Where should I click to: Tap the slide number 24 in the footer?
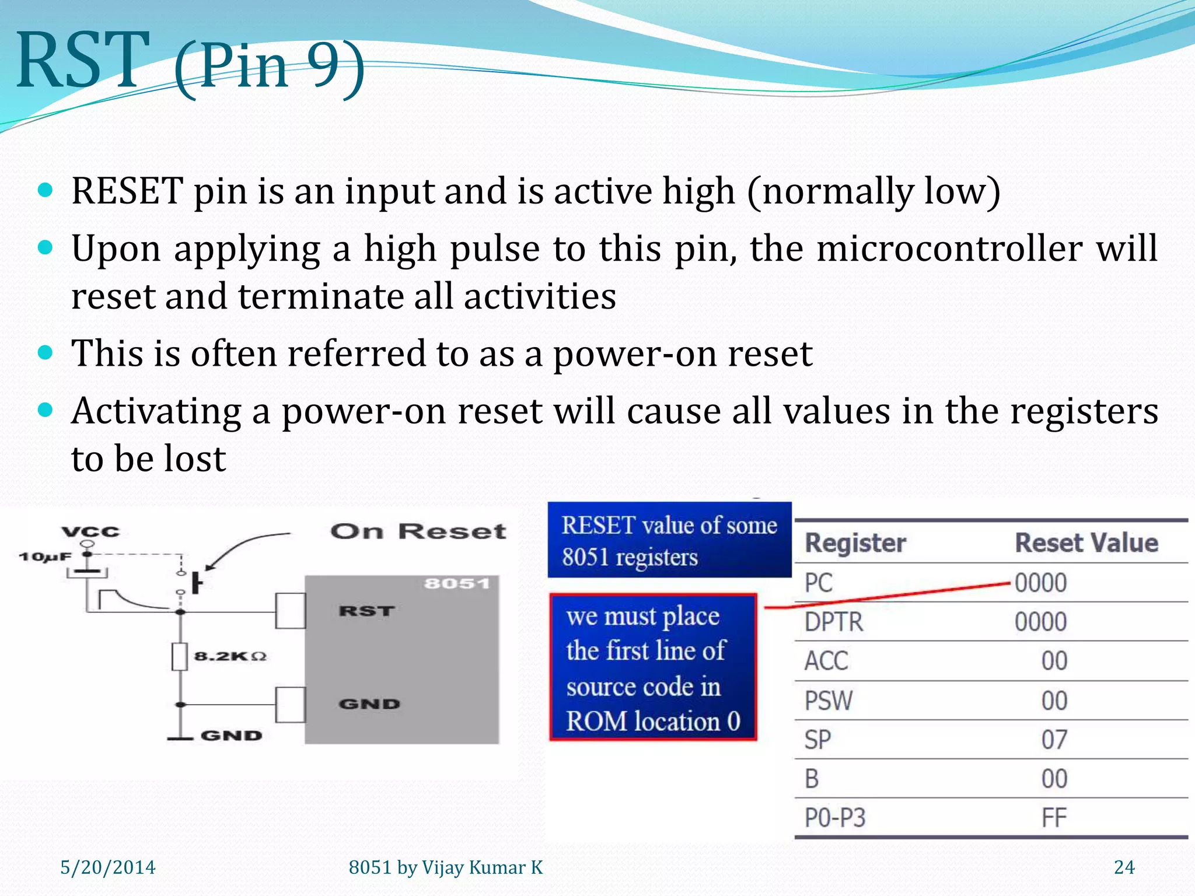1124,867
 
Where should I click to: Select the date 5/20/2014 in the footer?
108,867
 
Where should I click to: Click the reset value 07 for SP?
1054,740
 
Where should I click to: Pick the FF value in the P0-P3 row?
1054,818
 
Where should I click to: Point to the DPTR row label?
833,622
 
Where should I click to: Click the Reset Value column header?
1086,543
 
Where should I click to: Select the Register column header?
855,543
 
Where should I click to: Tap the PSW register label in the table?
829,701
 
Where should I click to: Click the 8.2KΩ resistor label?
230,656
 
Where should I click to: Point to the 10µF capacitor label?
45,556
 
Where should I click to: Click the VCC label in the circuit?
90,531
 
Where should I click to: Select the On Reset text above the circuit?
418,531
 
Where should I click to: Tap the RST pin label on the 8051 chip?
366,611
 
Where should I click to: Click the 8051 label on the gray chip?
456,584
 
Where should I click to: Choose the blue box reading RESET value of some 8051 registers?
669,540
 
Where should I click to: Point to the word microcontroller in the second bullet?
949,249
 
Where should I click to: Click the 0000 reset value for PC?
1040,583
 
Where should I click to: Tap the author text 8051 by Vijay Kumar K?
445,867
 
